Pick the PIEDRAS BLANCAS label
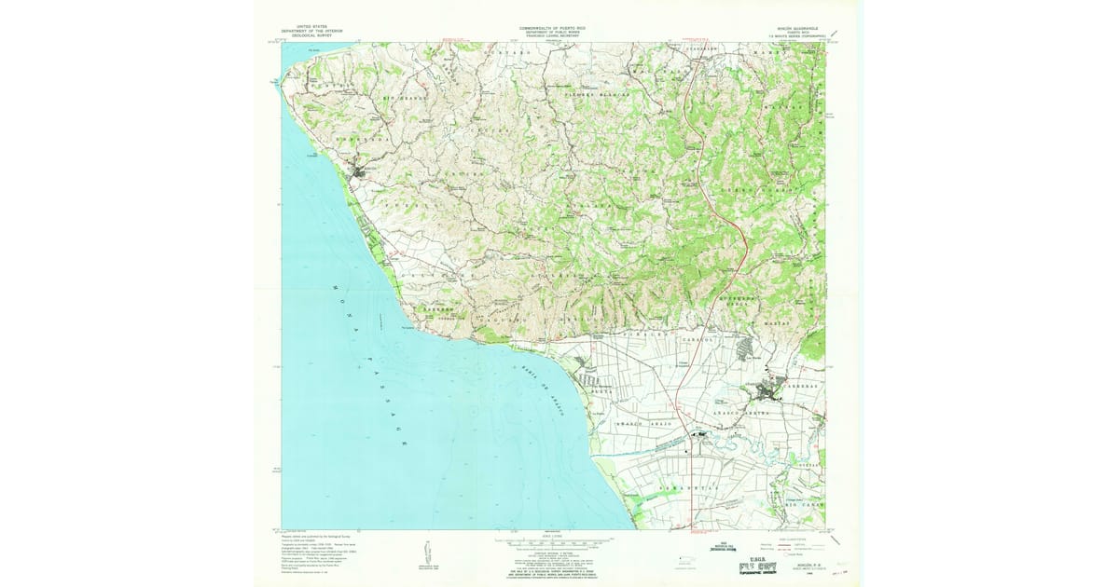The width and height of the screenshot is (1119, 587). [598, 95]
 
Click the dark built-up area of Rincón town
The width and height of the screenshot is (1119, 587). [358, 173]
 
